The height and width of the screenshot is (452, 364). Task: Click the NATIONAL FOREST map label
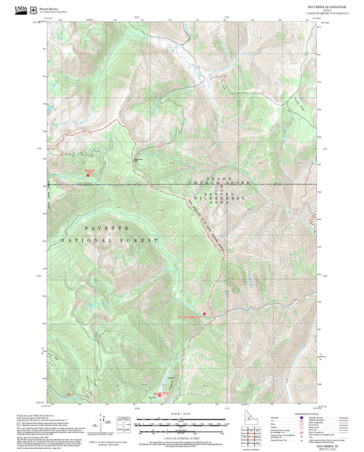[110, 241]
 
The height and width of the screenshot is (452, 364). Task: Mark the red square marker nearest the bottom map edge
[160, 394]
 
